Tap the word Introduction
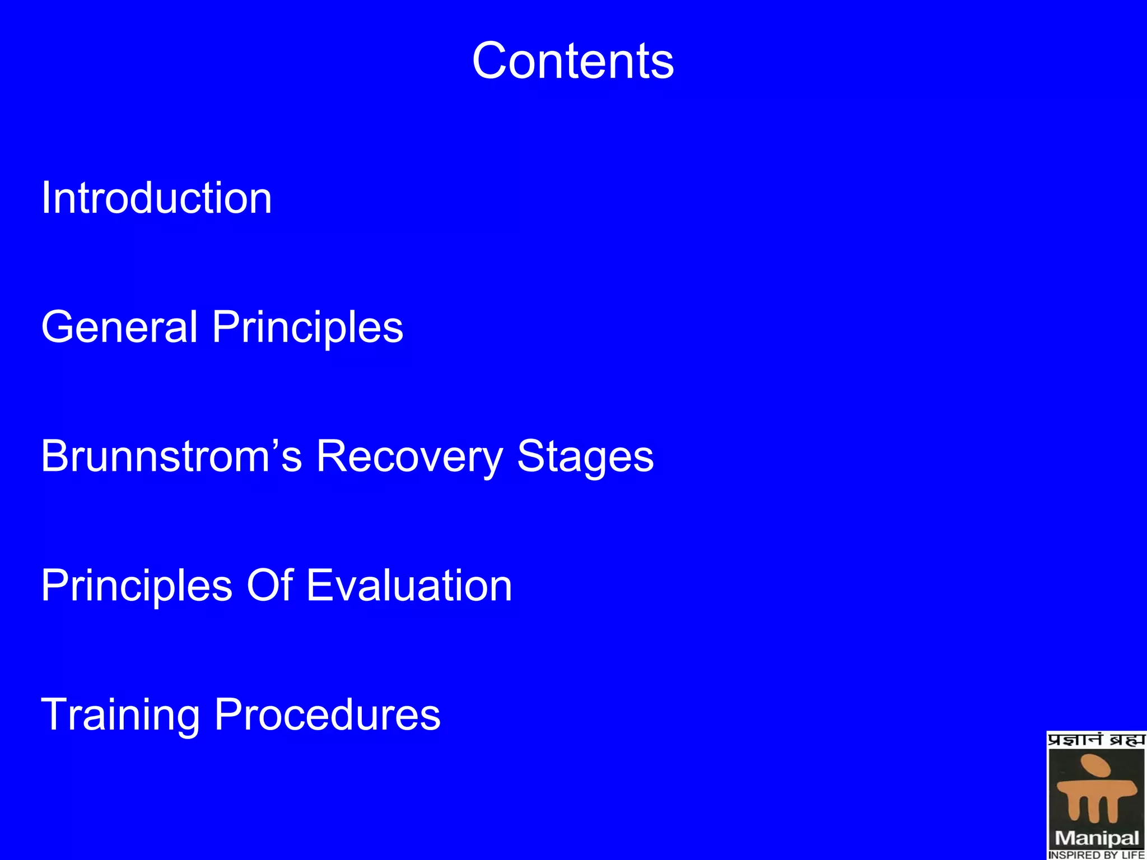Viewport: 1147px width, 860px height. (156, 198)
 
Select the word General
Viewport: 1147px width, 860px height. (119, 327)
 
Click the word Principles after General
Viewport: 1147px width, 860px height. (307, 328)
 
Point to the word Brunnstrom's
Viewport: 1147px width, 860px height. (171, 456)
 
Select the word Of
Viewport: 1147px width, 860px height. (270, 585)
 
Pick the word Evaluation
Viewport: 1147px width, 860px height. (409, 585)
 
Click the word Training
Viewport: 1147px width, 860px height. (120, 716)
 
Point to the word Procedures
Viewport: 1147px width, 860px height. (328, 715)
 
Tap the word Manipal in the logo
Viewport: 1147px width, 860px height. (1097, 838)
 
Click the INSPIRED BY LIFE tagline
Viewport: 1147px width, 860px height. (1097, 854)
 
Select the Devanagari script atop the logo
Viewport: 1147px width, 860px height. (1097, 740)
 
